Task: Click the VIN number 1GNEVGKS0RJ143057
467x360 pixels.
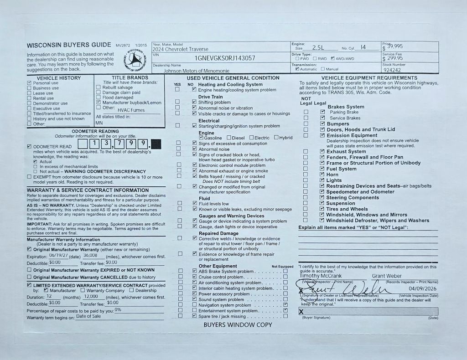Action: [225, 58]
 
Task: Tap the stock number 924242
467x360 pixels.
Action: [393, 70]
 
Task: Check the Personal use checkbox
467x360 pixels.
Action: [30, 83]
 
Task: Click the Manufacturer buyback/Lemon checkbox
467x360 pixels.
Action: [99, 103]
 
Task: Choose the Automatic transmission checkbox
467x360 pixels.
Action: [297, 69]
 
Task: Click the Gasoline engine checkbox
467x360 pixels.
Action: [201, 138]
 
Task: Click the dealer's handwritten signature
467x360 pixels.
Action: [347, 288]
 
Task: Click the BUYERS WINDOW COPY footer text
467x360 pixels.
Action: [238, 325]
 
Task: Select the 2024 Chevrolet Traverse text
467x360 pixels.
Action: [181, 49]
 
